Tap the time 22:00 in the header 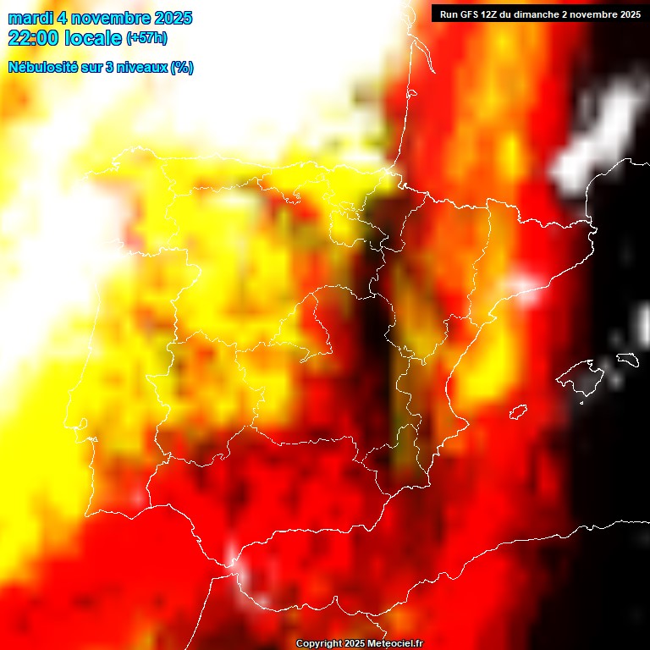[x=33, y=38]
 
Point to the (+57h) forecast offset [x=146, y=38]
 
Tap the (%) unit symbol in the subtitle [x=182, y=68]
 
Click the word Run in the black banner [x=449, y=14]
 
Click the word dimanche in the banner [x=539, y=14]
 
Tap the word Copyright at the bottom [x=319, y=644]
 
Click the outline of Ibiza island [x=518, y=411]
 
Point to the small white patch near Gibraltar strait [x=232, y=554]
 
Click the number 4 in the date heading [x=63, y=18]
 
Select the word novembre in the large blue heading [x=113, y=18]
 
